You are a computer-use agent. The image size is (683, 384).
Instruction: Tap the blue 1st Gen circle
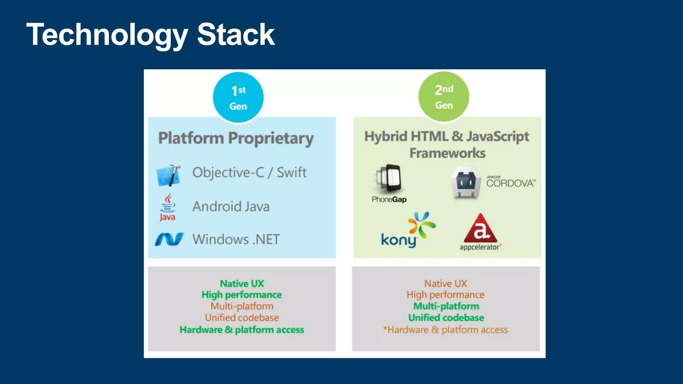(238, 97)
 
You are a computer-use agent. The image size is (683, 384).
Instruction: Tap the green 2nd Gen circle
(444, 96)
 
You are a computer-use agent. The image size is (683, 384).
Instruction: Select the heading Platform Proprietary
(236, 138)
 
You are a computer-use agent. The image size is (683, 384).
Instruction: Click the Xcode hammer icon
(169, 175)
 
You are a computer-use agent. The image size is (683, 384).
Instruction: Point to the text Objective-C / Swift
(249, 172)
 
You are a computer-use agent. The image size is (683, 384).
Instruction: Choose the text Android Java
(231, 206)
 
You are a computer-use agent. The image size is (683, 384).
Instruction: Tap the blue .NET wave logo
(169, 239)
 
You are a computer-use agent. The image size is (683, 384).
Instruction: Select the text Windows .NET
(236, 239)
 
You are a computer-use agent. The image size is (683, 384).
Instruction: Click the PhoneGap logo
(389, 183)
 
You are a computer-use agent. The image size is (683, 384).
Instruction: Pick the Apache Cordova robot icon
(466, 183)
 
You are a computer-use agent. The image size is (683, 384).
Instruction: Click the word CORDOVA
(510, 183)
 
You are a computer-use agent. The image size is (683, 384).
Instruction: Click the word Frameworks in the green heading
(447, 153)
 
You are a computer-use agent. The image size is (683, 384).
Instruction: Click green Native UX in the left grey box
(242, 284)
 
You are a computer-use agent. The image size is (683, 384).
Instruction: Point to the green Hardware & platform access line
(242, 330)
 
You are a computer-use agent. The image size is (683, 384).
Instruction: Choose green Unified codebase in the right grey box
(446, 318)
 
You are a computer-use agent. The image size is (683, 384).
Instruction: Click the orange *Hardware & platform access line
(446, 330)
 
